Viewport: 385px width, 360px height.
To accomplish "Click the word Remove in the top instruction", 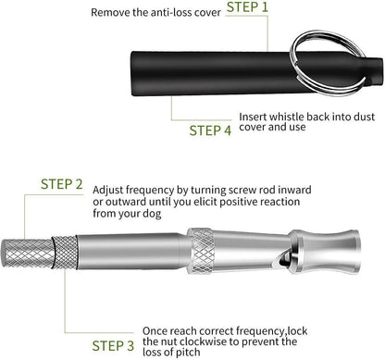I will (110, 14).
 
